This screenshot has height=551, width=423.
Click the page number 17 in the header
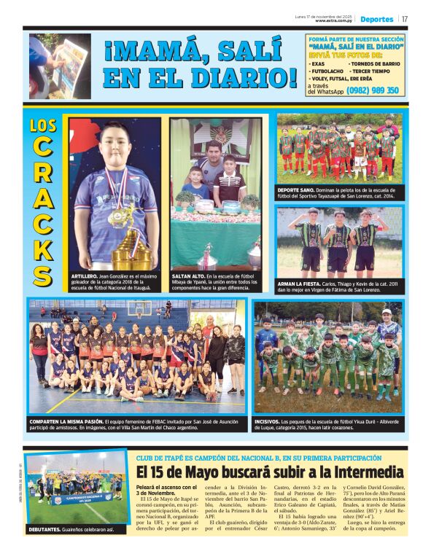[405, 19]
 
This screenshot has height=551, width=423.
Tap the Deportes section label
[376, 19]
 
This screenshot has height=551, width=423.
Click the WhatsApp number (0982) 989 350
[373, 90]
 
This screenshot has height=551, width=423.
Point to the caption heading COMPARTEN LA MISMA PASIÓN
[65, 421]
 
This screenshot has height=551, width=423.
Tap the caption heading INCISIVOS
[267, 421]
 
